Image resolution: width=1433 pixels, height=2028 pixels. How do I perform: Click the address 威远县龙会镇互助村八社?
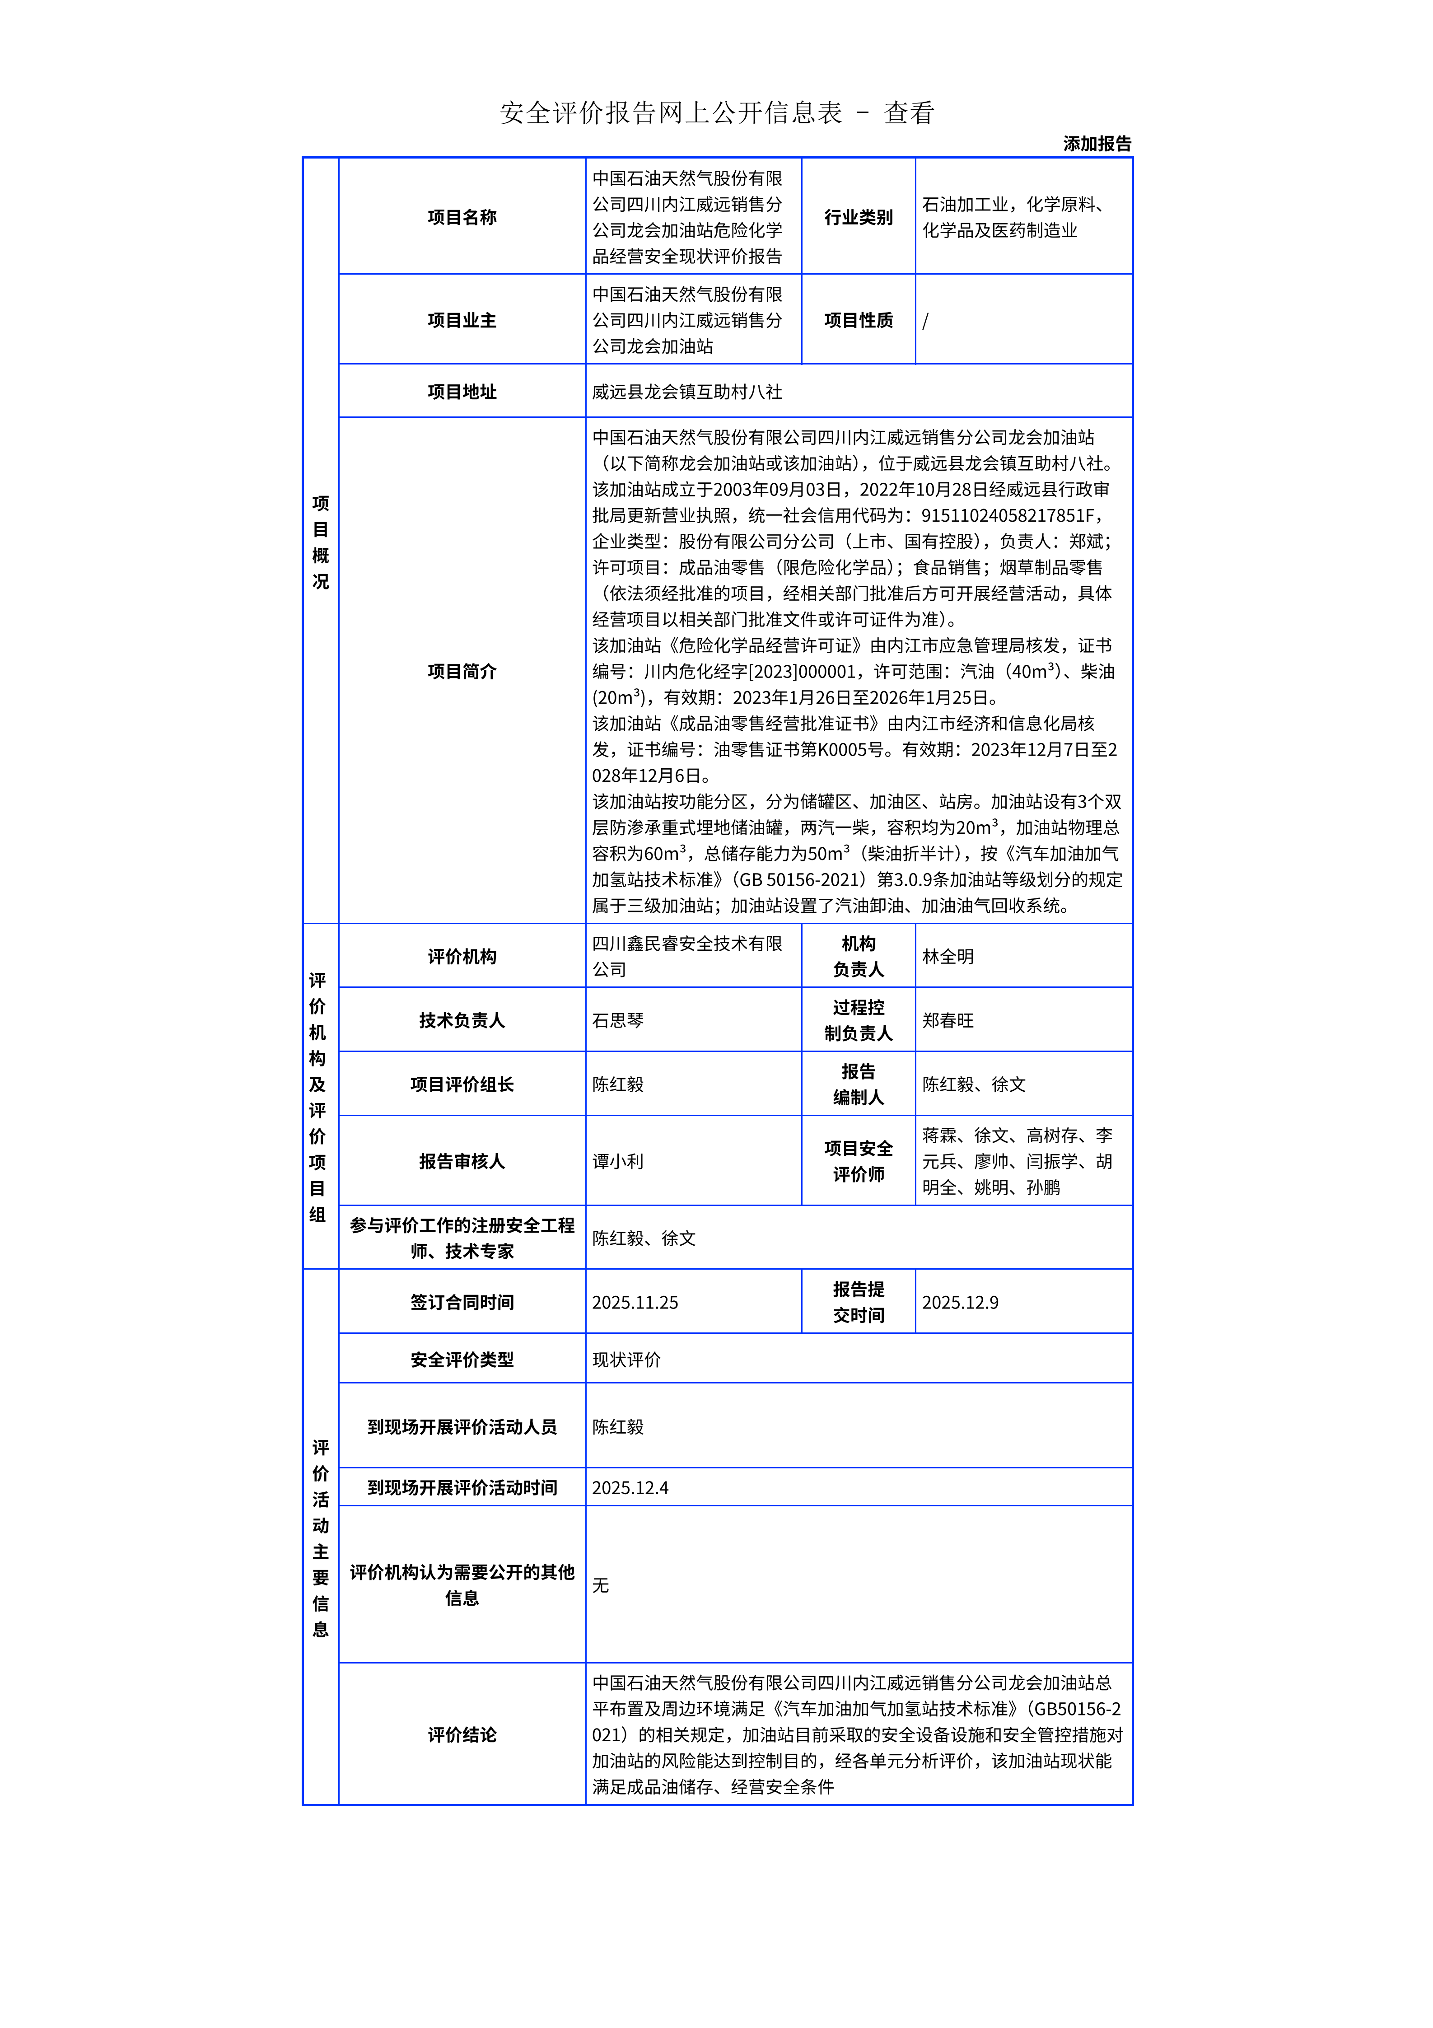click(687, 391)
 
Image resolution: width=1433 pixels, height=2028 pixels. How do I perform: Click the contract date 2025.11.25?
click(635, 1303)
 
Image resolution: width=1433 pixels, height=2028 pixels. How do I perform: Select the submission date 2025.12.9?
click(960, 1303)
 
